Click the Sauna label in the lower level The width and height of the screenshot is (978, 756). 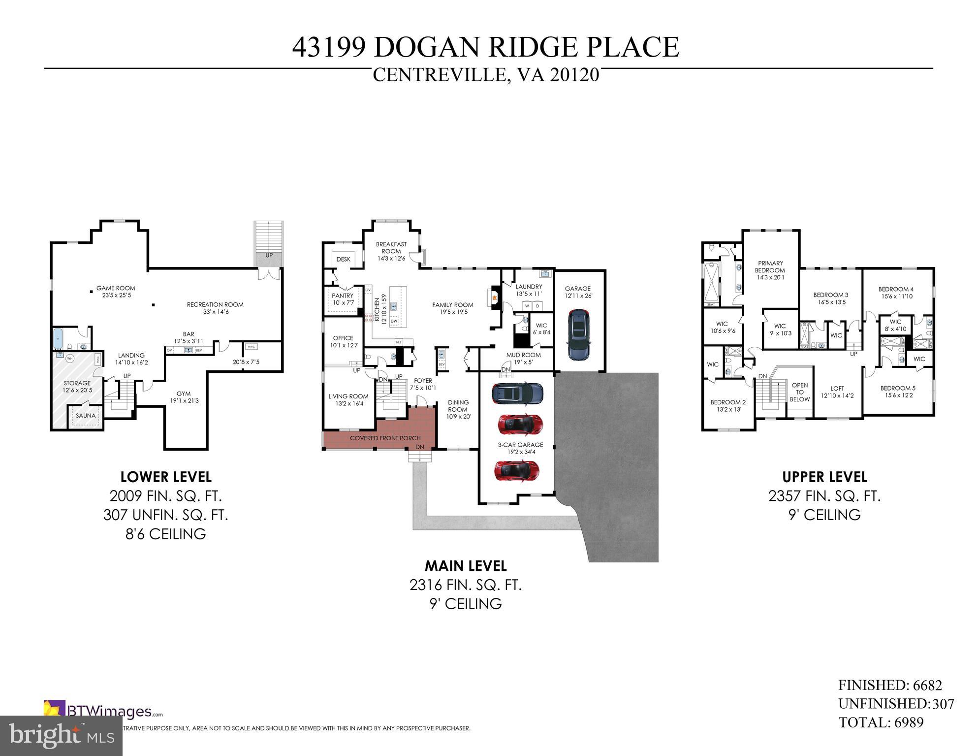(86, 415)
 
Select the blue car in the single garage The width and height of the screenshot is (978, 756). (578, 335)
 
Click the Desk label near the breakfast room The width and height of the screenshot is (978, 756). (343, 259)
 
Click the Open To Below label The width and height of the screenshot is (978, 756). (799, 392)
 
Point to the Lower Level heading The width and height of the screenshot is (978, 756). (166, 477)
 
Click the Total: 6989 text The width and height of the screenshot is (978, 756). (881, 722)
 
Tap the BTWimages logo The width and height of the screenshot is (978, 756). (103, 711)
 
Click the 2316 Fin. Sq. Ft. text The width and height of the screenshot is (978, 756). (465, 585)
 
